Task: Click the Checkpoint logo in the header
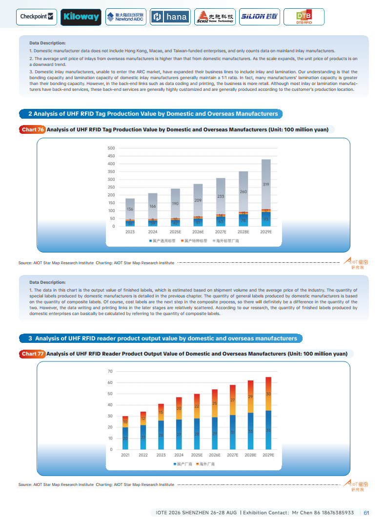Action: click(x=37, y=17)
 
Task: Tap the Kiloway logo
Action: click(x=81, y=17)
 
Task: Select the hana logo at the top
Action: click(x=170, y=17)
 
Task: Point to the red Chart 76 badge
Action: click(x=33, y=130)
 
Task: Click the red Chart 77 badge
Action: click(x=33, y=354)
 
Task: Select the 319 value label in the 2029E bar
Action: click(x=266, y=185)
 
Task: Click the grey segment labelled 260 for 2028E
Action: click(x=243, y=192)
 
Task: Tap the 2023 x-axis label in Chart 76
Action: click(x=130, y=232)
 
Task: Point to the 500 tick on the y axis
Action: click(x=111, y=148)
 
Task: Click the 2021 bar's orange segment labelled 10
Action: click(x=125, y=421)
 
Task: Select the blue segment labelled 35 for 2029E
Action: click(x=268, y=430)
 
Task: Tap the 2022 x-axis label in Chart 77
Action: click(x=143, y=455)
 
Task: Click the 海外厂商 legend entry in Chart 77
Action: click(x=205, y=464)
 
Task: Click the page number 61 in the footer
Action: click(x=367, y=513)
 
